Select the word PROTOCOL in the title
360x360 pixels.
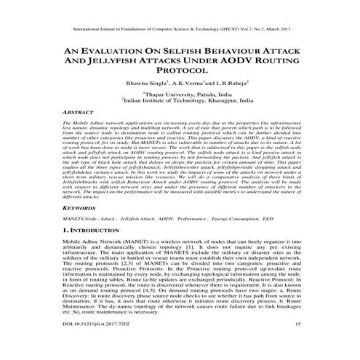point(179,77)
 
